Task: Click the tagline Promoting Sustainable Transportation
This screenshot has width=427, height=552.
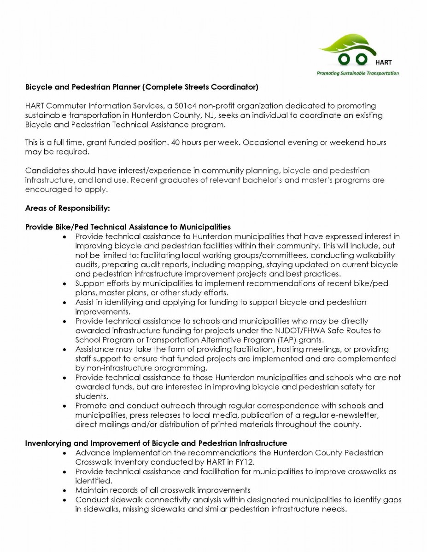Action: pos(357,73)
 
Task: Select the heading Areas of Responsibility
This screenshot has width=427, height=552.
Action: pos(68,208)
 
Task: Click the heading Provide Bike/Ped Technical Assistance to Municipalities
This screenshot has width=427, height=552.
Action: pos(128,227)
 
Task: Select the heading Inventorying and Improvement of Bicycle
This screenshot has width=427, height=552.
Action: pos(156,443)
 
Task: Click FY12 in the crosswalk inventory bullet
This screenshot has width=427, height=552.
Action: pos(245,462)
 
